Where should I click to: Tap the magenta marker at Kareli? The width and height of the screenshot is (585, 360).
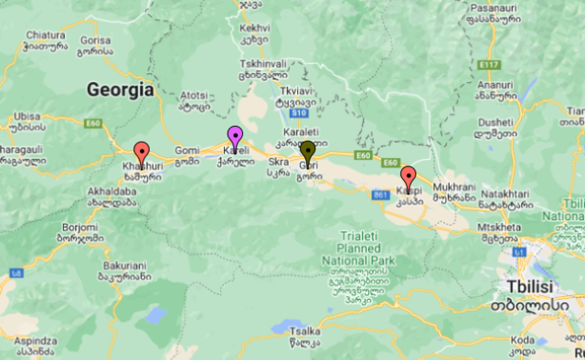coord(235,139)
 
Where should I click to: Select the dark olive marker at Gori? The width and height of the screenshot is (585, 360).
coord(309,153)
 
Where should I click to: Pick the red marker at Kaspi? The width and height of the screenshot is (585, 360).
coord(408,178)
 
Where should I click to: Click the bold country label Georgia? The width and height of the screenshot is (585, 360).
coord(119,90)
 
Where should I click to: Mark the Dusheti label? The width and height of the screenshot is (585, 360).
coord(495,120)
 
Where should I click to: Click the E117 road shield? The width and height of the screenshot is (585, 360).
coord(491,65)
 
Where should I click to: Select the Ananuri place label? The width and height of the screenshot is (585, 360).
coord(494,87)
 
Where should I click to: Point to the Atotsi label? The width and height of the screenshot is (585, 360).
coord(194,94)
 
